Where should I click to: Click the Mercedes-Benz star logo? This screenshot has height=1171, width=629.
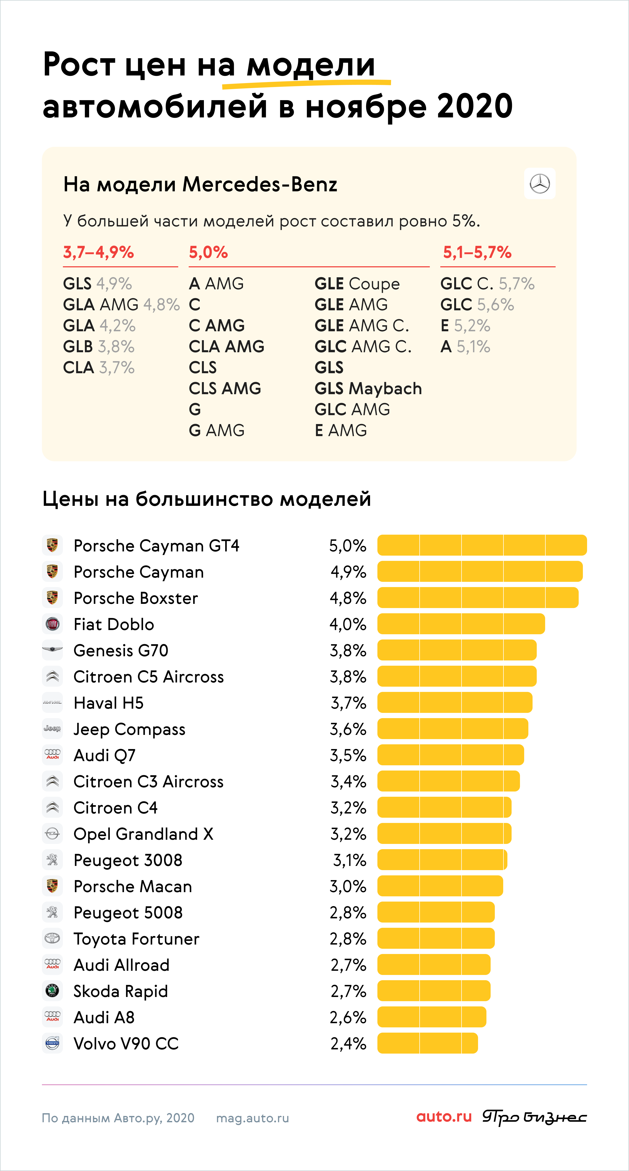tap(540, 184)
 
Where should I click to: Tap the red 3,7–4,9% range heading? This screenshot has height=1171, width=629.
tap(99, 252)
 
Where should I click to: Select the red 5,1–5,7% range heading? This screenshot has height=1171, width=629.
tap(477, 252)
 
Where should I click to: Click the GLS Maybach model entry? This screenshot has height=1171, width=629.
tap(368, 389)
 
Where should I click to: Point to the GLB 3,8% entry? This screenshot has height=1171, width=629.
tap(99, 347)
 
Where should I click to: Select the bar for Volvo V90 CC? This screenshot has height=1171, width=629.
tap(428, 1043)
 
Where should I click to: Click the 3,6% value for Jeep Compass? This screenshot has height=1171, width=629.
tap(348, 729)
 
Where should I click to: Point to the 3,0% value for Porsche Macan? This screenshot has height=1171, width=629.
tap(348, 886)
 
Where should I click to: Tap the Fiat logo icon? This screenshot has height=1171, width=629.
tap(52, 624)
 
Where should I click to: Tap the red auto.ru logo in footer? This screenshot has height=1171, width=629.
tap(444, 1117)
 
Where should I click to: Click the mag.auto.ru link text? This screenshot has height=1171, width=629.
tap(253, 1118)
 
